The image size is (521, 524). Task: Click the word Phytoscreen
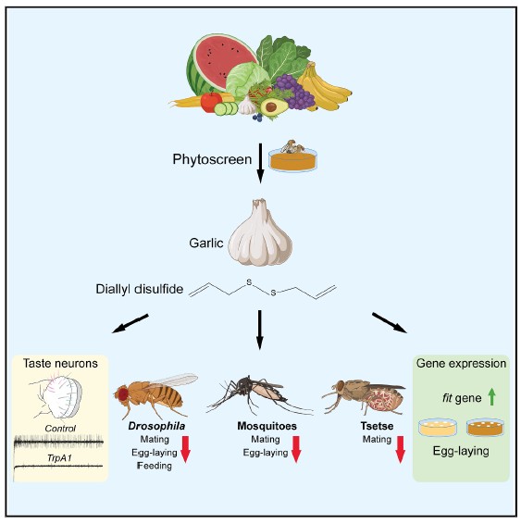point(212,159)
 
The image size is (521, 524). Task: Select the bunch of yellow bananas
point(322,88)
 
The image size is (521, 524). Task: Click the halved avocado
point(274,106)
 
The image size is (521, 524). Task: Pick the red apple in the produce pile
point(211,102)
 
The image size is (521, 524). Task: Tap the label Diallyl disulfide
point(140,289)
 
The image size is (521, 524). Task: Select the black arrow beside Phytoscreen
point(261,164)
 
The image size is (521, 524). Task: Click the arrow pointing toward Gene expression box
point(390,323)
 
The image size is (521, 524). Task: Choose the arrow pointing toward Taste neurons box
point(130,323)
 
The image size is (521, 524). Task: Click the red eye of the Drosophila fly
point(121,394)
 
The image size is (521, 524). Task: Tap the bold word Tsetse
point(377,426)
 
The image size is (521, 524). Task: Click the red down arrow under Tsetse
point(400,450)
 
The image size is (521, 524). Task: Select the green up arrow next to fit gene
point(491,398)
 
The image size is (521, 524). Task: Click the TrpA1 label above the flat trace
point(59,458)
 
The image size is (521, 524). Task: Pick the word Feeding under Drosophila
point(155,466)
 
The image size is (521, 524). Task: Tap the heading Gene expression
point(461,364)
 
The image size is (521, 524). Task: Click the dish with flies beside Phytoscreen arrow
point(293,156)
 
